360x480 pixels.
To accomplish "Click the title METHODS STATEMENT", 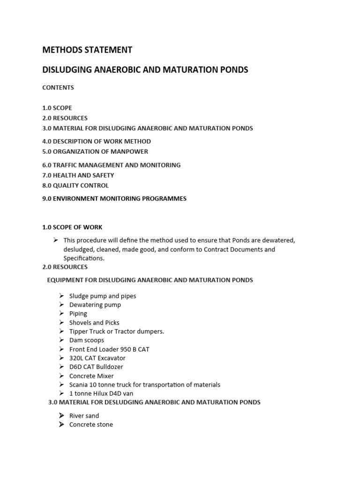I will coord(87,50).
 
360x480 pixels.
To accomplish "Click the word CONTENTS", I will coord(58,88).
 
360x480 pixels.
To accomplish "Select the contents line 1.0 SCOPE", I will coord(57,108).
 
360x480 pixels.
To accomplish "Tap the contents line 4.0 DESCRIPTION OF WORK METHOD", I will coord(97,141).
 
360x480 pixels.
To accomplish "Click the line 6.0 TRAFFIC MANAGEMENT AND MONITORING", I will coord(111,165).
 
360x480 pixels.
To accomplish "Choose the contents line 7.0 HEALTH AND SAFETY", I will coord(78,175).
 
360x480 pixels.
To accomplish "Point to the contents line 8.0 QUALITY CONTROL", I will coord(75,186).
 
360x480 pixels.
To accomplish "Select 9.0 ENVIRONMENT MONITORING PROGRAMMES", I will coord(114,199).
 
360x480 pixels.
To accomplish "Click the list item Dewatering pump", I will coord(95,305).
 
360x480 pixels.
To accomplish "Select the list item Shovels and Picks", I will coord(94,322).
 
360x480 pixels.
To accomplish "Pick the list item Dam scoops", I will coord(87,340).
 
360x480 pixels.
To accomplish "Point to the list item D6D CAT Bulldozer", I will coord(96,367).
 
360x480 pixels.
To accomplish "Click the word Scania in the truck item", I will coord(79,385).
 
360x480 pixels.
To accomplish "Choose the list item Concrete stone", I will coord(91,425).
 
